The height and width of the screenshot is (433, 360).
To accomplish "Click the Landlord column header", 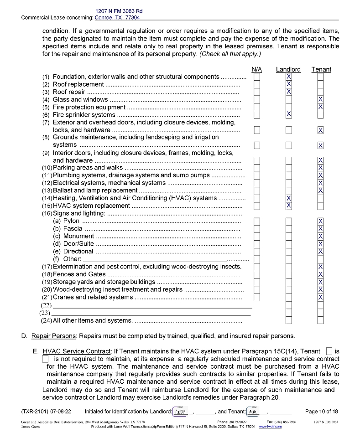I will (288, 69).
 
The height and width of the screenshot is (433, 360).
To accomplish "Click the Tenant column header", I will (321, 69).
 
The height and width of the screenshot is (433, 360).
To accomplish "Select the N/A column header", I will (257, 69).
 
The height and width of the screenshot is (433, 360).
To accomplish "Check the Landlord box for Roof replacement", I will (288, 84).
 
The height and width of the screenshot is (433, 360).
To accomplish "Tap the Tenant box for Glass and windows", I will (320, 99).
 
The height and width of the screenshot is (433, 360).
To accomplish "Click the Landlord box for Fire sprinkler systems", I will (288, 114).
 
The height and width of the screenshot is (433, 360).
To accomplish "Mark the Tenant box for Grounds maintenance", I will (320, 145).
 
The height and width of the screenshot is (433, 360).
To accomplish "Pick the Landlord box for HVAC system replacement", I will (288, 206).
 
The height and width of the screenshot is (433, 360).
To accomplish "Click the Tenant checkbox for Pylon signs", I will (320, 221).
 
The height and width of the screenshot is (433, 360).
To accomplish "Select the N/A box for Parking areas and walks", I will (257, 168).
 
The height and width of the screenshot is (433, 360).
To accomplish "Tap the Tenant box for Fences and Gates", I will (320, 274).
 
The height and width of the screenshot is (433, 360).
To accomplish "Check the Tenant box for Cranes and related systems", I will (320, 297).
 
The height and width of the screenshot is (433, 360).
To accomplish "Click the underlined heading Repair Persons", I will (53, 336).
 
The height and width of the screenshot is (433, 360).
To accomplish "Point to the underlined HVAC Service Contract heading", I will (77, 351).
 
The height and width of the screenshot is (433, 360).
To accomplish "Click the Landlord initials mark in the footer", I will (183, 412).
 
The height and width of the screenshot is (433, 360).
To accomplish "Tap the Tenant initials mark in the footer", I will (252, 412).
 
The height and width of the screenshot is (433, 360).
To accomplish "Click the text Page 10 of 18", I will (321, 412).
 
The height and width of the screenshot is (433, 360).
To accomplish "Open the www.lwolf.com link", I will (270, 427).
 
